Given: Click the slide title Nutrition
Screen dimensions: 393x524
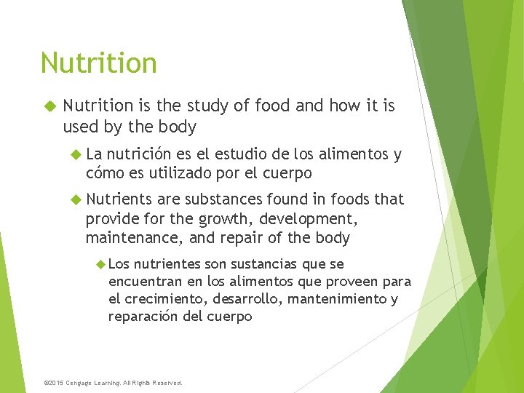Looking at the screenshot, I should click(99, 63).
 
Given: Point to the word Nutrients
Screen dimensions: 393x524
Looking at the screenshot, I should click(119, 199).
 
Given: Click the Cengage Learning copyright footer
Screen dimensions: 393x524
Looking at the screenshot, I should click(113, 382).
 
